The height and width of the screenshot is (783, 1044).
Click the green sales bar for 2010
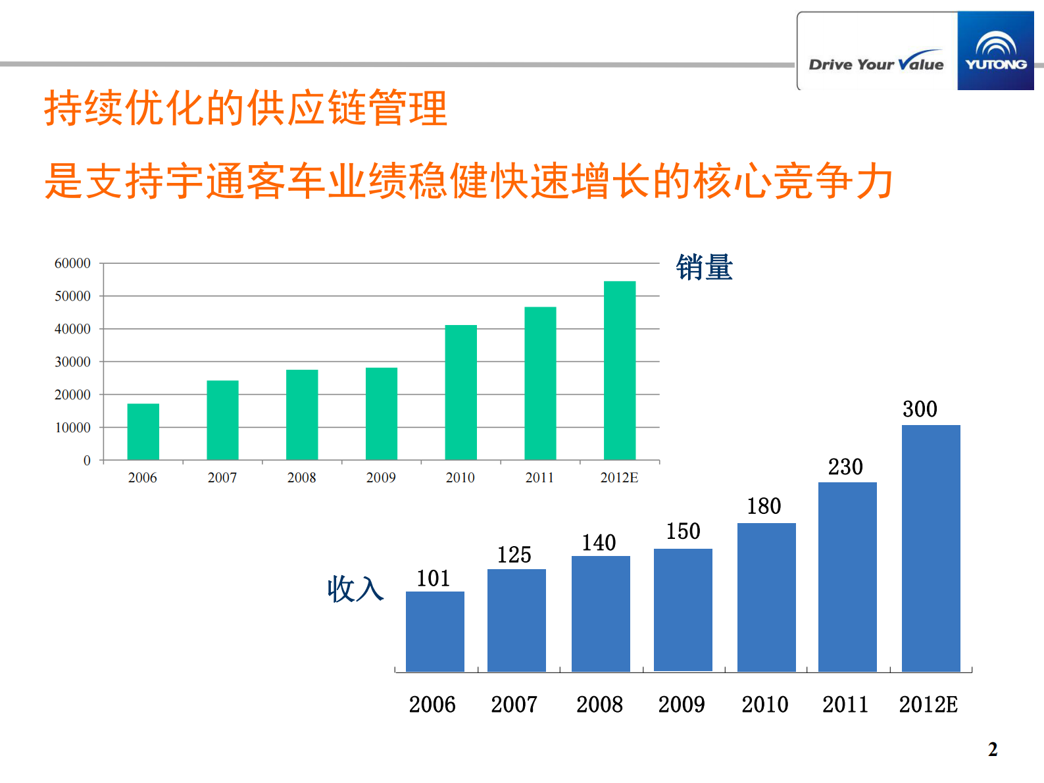[x=460, y=392]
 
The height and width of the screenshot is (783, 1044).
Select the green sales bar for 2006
[x=143, y=432]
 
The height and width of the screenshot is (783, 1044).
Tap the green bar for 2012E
[x=620, y=370]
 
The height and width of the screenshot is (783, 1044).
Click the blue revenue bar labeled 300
[x=931, y=548]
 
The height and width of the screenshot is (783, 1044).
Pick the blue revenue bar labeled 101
[x=435, y=632]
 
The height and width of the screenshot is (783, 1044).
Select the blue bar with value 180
[x=766, y=597]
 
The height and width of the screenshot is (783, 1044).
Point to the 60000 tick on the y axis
[x=72, y=263]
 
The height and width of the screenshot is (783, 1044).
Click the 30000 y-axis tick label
[x=72, y=362]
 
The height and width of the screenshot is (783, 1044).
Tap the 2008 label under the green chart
[x=301, y=478]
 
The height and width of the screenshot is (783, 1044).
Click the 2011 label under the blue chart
[x=845, y=705]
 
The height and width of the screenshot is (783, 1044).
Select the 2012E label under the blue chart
[x=928, y=705]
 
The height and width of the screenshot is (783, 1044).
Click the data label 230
[x=845, y=467]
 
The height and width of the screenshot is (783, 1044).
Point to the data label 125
[x=514, y=555]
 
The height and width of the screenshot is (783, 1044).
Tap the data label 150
[x=683, y=531]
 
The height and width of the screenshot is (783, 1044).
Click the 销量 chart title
[x=704, y=268]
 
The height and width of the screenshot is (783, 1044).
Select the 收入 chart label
[x=355, y=589]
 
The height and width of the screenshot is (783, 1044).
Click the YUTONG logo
[x=995, y=51]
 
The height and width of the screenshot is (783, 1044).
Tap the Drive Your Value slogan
[x=876, y=64]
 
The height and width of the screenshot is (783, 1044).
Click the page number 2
[x=993, y=749]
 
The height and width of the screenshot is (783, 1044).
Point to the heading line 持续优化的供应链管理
[x=246, y=109]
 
